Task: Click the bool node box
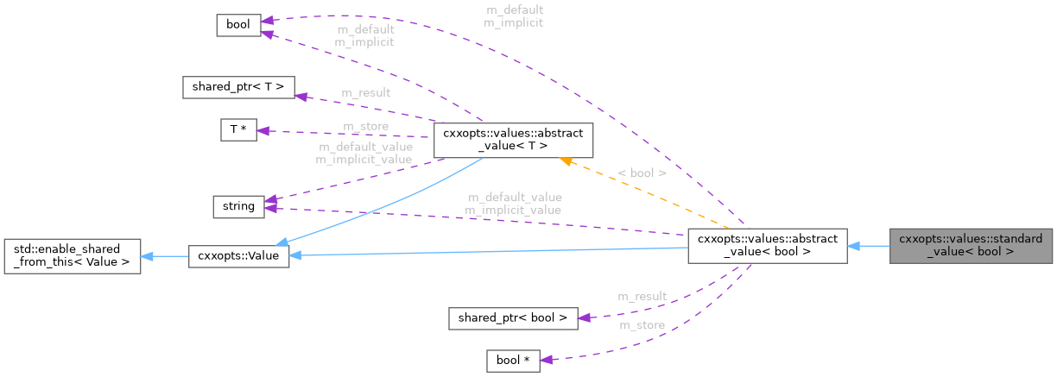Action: pos(237,25)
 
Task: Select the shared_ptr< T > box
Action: pos(239,87)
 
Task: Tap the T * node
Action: pos(239,130)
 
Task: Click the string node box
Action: pos(237,206)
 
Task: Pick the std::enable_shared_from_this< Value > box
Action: pos(73,256)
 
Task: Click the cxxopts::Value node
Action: pos(238,256)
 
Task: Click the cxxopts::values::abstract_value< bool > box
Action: pos(767,246)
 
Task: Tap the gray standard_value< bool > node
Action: pos(971,246)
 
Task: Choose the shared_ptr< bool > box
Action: pos(512,317)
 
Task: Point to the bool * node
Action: pos(513,360)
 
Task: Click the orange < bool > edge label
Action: pos(642,173)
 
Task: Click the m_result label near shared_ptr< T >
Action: pos(365,93)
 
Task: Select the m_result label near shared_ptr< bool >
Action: pos(642,296)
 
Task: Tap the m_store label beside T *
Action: pos(365,126)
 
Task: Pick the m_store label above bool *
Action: pos(642,325)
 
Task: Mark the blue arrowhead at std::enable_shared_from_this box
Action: pos(148,256)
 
